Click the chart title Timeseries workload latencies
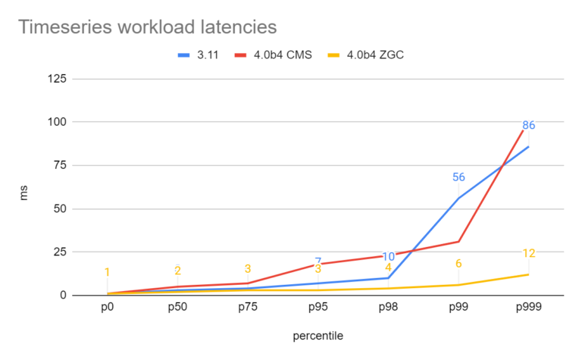coord(147,27)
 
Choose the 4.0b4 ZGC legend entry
coord(364,55)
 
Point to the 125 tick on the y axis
coord(56,79)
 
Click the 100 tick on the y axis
coord(56,122)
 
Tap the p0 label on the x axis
coord(107,309)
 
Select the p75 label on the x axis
coord(247,309)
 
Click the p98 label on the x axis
coord(388,309)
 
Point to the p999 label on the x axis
coord(528,309)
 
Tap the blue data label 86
coord(528,125)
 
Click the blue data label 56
coord(458,177)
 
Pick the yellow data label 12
coord(528,253)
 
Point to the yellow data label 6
coord(458,264)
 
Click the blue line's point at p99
coord(458,198)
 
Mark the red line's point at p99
coord(458,241)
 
